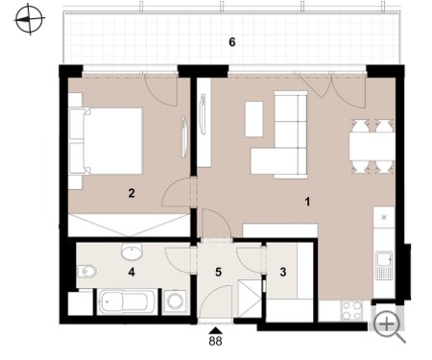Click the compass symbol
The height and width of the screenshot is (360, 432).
click(30, 19)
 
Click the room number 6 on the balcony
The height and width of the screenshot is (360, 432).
click(232, 42)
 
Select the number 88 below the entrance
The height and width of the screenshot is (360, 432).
click(215, 341)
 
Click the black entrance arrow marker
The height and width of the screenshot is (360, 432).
click(215, 330)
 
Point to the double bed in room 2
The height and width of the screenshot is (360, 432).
click(106, 141)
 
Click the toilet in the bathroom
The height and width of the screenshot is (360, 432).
click(86, 272)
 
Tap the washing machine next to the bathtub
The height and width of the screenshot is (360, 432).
click(175, 301)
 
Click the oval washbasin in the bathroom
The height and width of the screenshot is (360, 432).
click(132, 252)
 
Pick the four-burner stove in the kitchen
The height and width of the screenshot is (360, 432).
click(351, 310)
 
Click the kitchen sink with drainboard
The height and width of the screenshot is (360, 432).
click(384, 266)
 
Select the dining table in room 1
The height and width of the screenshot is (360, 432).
click(372, 147)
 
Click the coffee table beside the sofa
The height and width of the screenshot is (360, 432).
click(253, 119)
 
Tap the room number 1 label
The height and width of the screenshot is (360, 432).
click(307, 202)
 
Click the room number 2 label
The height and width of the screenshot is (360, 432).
click(132, 193)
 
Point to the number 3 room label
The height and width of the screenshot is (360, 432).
click(283, 272)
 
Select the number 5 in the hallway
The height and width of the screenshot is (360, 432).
click(218, 272)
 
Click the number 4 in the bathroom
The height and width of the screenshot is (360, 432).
click(132, 272)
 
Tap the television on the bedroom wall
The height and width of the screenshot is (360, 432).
click(184, 137)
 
